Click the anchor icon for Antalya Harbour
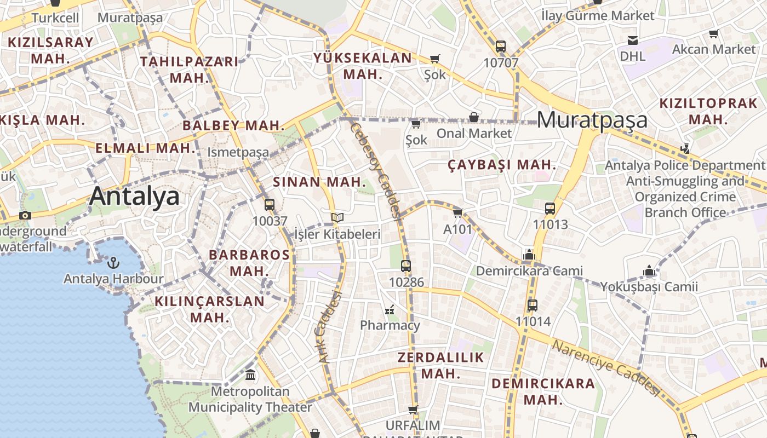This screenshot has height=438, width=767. (113, 263)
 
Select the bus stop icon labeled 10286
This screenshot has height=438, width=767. (406, 266)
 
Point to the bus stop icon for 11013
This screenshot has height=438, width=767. (550, 209)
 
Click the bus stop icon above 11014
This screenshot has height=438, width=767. (533, 306)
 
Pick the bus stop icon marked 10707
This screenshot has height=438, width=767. (501, 47)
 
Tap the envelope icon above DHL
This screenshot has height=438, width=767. (633, 40)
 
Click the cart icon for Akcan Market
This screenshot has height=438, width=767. (713, 34)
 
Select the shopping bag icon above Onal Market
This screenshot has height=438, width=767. (474, 117)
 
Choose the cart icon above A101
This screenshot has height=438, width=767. (458, 213)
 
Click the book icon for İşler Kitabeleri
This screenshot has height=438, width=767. (337, 218)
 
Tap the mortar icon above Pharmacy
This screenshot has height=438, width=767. (390, 309)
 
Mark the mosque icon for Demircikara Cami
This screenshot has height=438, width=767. (529, 255)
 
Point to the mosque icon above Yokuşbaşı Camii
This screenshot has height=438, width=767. (649, 270)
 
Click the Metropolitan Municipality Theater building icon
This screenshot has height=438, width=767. (250, 375)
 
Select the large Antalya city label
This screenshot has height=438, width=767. (134, 196)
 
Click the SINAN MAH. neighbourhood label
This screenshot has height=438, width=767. (319, 182)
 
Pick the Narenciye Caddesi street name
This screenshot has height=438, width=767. (606, 367)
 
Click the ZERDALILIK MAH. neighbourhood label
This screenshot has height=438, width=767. (440, 366)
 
